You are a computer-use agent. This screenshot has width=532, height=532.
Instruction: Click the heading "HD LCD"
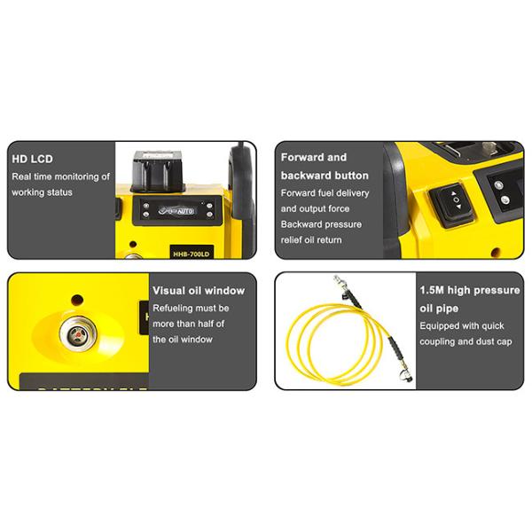[x=32, y=160]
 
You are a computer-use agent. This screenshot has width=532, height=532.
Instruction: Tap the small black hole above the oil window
[x=77, y=299]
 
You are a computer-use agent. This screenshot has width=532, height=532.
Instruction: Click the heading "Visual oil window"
[x=199, y=290]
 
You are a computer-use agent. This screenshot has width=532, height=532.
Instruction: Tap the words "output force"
[x=329, y=208]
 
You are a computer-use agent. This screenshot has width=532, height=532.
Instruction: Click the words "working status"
[x=42, y=192]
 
